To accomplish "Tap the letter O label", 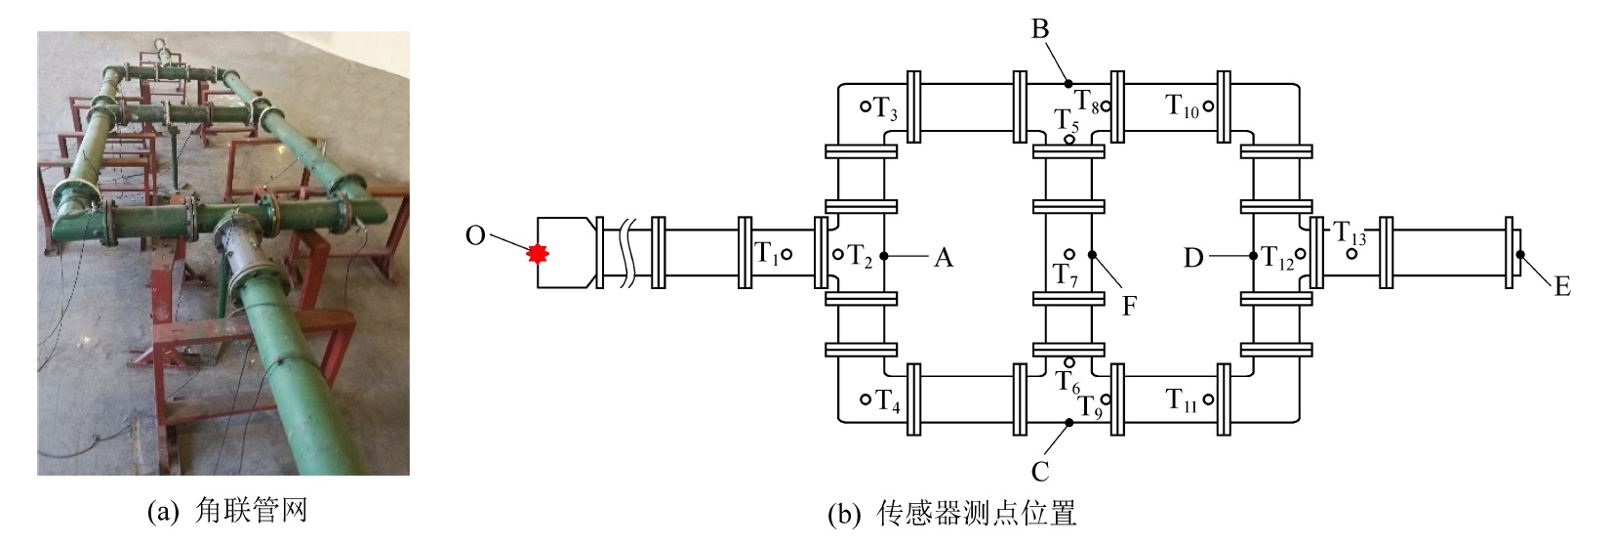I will pyautogui.click(x=475, y=235).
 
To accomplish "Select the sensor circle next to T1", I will pyautogui.click(x=787, y=255).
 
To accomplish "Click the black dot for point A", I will pyautogui.click(x=883, y=256).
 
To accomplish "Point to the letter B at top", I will pyautogui.click(x=1040, y=30).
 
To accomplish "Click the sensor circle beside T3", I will pyautogui.click(x=865, y=106).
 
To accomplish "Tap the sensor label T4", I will pyautogui.click(x=887, y=400).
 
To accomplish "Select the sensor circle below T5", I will pyautogui.click(x=1069, y=140).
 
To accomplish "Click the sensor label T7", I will pyautogui.click(x=1066, y=275).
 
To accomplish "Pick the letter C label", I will pyautogui.click(x=1040, y=472).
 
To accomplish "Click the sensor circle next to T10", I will pyautogui.click(x=1208, y=106).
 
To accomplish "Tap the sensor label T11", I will pyautogui.click(x=1182, y=400).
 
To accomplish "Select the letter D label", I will pyautogui.click(x=1193, y=258).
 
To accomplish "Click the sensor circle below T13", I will pyautogui.click(x=1352, y=254).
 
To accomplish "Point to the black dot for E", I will pyautogui.click(x=1519, y=256).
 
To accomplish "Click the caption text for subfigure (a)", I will pyautogui.click(x=227, y=511).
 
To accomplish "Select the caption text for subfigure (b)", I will pyautogui.click(x=951, y=515).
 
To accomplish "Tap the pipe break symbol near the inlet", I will pyautogui.click(x=627, y=256).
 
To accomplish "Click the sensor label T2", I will pyautogui.click(x=859, y=257).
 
